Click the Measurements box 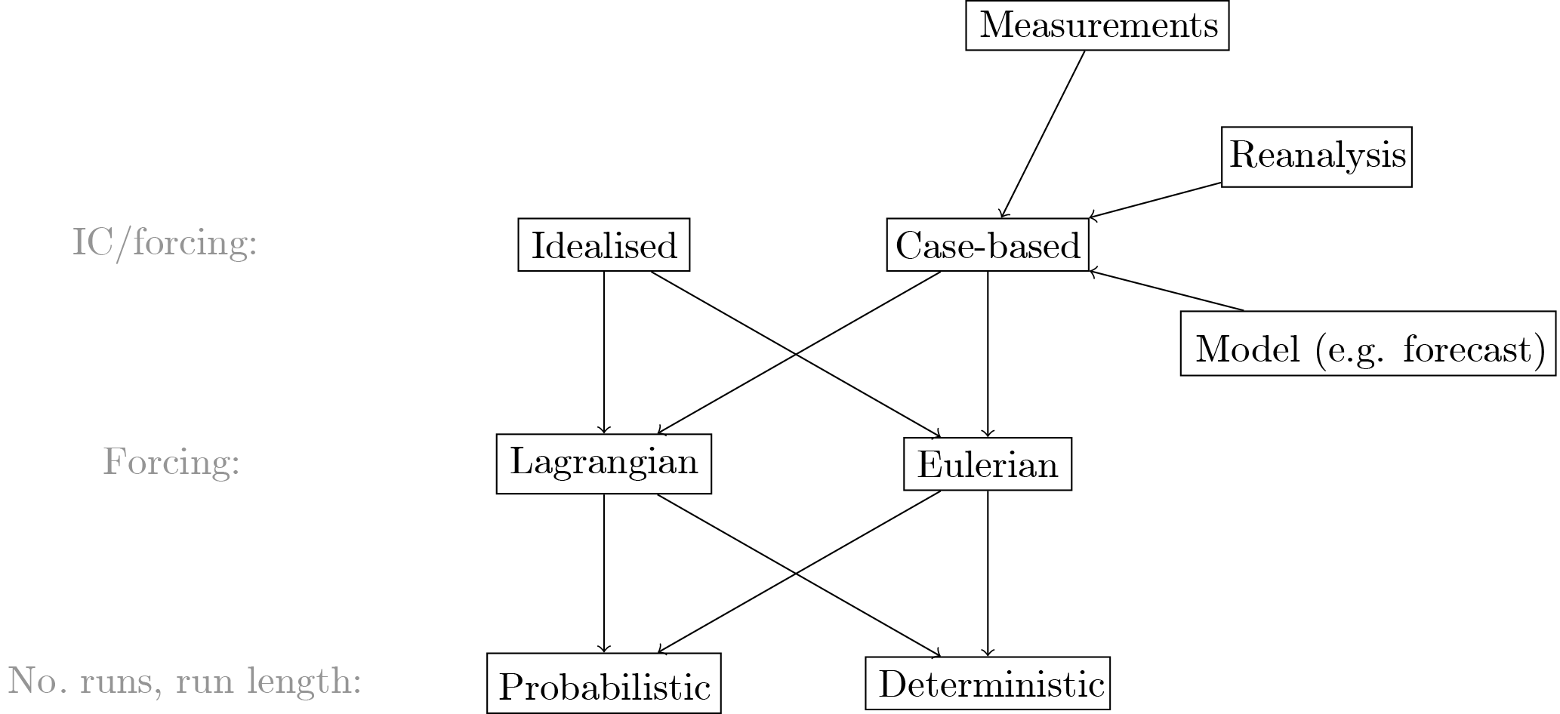pos(1097,26)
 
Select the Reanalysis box pos(1316,156)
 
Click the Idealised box pos(603,245)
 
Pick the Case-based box pos(987,245)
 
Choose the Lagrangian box pos(603,463)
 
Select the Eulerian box pos(987,464)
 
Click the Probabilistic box pos(603,683)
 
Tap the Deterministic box pos(987,683)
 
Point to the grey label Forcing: pos(171,462)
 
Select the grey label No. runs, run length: pos(184,682)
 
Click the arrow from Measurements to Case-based pos(1042,134)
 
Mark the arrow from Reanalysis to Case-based pos(1155,200)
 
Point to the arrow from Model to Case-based pos(1167,291)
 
